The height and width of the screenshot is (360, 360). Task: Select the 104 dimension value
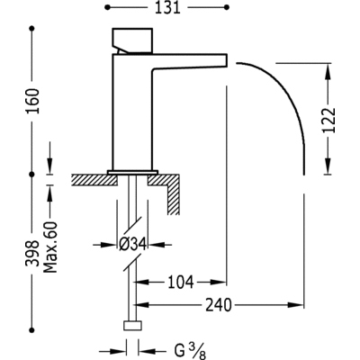[x=180, y=282]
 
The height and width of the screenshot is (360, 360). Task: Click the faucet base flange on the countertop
[x=134, y=171]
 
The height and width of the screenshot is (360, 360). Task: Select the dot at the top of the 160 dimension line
[x=36, y=30]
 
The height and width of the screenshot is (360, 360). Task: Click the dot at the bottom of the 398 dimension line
[x=36, y=351]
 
